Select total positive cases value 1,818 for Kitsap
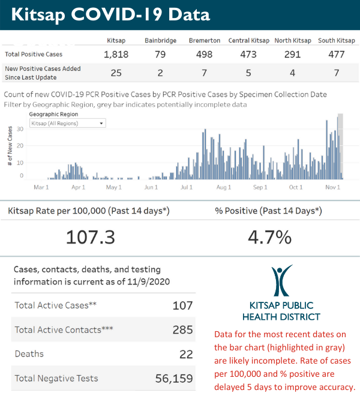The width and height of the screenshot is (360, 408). point(116,55)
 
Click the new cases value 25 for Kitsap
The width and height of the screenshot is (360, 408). point(116,73)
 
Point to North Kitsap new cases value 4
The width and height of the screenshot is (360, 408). point(293,73)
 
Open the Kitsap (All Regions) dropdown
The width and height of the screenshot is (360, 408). point(68,123)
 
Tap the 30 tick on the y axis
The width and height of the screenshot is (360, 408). point(20,128)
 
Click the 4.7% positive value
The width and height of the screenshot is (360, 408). point(269,237)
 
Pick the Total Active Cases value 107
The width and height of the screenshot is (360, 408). point(182,305)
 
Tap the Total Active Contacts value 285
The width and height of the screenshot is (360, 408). point(182,329)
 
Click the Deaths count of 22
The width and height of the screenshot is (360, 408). point(185,354)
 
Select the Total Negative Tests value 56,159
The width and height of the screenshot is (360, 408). point(172,378)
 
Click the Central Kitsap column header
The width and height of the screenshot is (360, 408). point(248,41)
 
